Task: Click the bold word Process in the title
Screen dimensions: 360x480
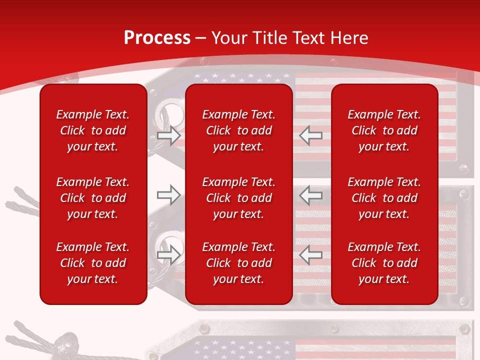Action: point(157,38)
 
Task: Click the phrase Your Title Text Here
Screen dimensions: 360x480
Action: point(290,38)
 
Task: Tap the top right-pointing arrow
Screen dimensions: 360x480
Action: point(168,135)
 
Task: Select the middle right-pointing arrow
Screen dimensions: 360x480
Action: point(168,195)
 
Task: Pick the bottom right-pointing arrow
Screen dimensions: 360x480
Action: point(168,255)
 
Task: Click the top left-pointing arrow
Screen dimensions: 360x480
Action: point(310,135)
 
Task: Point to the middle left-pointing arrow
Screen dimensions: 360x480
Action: point(310,195)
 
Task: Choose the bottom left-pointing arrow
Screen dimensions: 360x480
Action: point(310,255)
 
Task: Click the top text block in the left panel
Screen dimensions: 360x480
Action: point(93,130)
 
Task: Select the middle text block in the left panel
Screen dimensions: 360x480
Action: point(93,198)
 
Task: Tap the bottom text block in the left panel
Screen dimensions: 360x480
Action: point(93,263)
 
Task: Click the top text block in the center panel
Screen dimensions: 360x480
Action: point(238,130)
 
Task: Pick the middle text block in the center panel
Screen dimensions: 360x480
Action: point(238,198)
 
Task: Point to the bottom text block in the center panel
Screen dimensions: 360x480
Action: point(238,263)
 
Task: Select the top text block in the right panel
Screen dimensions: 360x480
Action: point(384,130)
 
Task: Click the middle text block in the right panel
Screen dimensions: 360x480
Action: point(384,198)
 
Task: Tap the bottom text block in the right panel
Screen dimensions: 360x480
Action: point(384,263)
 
